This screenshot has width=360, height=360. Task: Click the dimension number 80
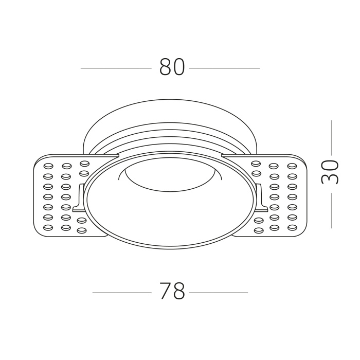click(x=172, y=67)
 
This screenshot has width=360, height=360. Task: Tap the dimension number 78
click(x=172, y=292)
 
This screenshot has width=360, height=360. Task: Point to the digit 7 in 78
click(x=165, y=292)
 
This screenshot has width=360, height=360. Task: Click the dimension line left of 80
click(x=116, y=68)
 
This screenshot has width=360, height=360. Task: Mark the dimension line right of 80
click(x=224, y=68)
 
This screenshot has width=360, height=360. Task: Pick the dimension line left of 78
click(x=122, y=293)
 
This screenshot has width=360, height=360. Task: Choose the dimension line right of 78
click(x=219, y=293)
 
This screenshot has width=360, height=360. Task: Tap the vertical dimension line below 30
click(x=332, y=210)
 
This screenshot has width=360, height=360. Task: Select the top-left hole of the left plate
click(x=49, y=166)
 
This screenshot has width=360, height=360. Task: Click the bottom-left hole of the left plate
click(x=48, y=227)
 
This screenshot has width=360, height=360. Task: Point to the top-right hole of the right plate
click(x=292, y=166)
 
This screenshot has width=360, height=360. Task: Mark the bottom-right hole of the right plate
click(x=292, y=227)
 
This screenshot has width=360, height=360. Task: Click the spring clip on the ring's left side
click(x=79, y=198)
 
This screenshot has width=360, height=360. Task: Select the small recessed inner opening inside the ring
click(x=170, y=177)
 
